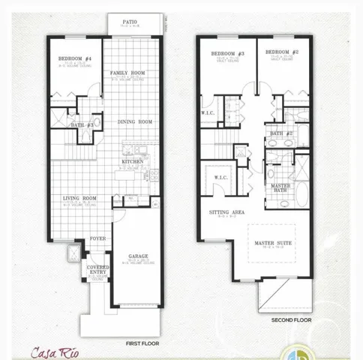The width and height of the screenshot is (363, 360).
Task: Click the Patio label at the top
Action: click(130, 22)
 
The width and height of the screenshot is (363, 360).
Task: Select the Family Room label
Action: click(127, 73)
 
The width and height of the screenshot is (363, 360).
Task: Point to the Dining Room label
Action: click(135, 121)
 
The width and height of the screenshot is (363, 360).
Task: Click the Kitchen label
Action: click(132, 161)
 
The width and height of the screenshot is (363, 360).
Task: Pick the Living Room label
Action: click(79, 198)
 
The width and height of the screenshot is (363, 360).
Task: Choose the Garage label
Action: click(137, 256)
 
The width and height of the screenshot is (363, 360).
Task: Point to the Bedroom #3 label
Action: click(226, 53)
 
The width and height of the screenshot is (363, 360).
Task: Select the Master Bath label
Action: click(280, 188)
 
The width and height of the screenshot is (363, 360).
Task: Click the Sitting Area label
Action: click(227, 212)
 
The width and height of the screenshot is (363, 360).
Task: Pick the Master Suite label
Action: click(272, 243)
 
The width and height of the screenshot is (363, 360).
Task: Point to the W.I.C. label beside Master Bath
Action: click(220, 178)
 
